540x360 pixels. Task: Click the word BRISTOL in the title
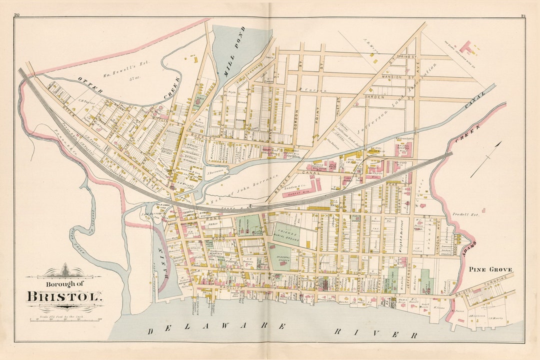click(64, 295)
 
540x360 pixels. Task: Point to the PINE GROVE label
click(490, 269)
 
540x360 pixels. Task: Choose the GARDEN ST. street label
click(395, 96)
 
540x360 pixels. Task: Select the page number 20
click(16, 15)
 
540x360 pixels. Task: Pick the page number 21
click(523, 15)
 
